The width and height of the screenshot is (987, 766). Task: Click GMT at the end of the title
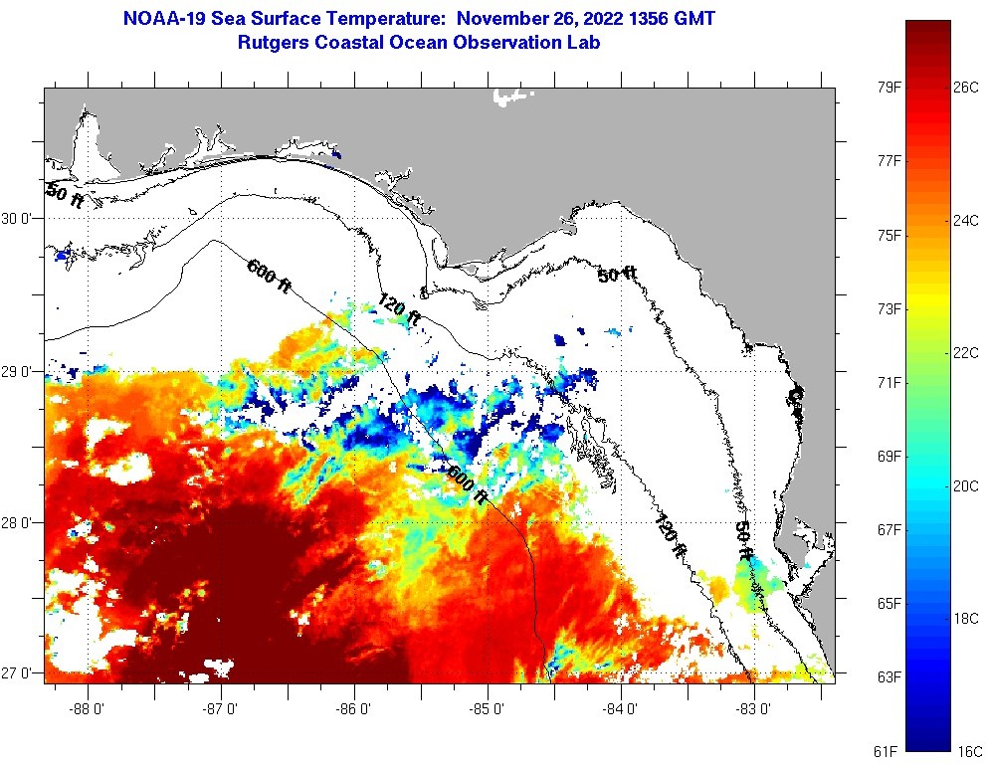pos(692,19)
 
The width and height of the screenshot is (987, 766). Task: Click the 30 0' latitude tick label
pos(20,218)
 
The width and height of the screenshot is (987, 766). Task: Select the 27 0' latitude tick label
pos(20,673)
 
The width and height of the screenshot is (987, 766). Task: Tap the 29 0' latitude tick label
pos(20,371)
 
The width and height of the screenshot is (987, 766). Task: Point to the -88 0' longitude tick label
pos(89,709)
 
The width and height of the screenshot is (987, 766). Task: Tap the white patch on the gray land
pos(513,96)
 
